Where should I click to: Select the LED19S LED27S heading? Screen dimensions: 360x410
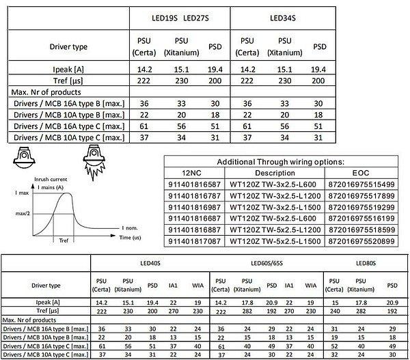pyautogui.click(x=180, y=16)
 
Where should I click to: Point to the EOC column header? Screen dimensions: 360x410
pyautogui.click(x=360, y=173)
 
